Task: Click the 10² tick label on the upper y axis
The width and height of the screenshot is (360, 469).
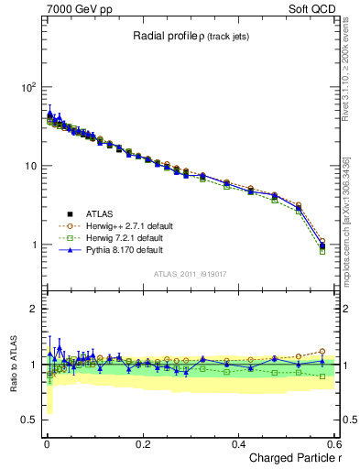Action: tap(27, 87)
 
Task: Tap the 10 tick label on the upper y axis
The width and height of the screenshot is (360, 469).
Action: tap(29, 166)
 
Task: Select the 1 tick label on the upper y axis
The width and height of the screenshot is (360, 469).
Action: tap(32, 245)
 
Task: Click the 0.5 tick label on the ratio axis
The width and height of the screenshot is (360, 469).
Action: tap(27, 420)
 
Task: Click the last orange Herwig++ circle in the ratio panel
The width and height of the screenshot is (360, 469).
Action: tap(322, 351)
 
